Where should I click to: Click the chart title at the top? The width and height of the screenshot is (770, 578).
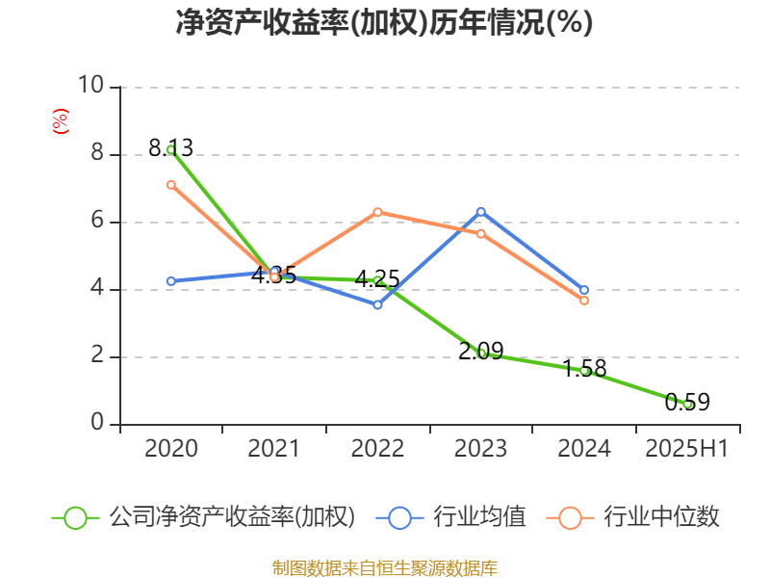384,22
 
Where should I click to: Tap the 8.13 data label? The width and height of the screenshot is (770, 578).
170,148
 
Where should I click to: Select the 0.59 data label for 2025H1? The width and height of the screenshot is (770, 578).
687,403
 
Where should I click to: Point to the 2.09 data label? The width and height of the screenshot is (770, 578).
480,352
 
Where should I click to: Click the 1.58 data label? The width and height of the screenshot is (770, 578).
584,368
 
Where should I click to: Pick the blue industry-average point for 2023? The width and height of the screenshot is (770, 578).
481,211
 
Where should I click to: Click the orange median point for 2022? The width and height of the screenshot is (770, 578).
377,212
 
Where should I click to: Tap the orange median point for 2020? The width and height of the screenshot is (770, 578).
170,184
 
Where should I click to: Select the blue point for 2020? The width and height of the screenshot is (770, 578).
170,281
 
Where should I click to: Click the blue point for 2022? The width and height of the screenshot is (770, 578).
377,304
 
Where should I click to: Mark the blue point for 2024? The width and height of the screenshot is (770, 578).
584,290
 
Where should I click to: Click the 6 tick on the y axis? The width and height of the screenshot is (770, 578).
96,222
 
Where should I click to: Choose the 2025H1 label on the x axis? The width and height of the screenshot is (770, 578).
687,449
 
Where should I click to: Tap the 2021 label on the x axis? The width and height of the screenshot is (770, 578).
273,449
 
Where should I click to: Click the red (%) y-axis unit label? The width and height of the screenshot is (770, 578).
60,121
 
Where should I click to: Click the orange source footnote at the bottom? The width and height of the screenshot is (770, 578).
384,567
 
